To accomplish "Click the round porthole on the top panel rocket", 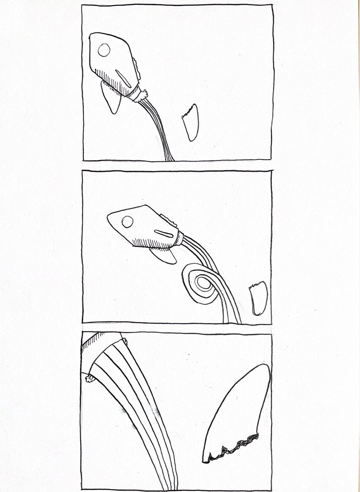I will coord(104,50).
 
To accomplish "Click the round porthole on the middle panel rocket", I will coord(127,222).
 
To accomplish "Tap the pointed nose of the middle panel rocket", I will coord(109,217).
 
